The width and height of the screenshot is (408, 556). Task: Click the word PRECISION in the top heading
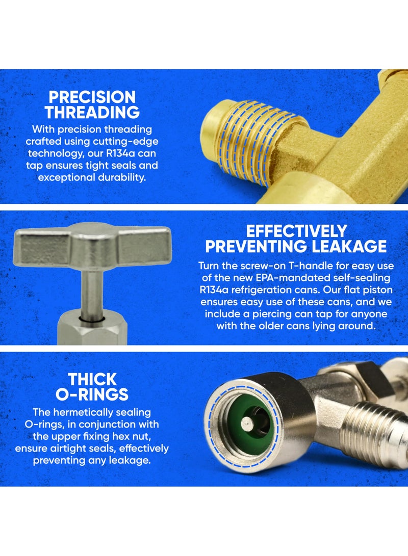[92, 97]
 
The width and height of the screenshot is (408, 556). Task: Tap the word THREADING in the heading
[92, 112]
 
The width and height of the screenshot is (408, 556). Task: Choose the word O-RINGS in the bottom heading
[92, 394]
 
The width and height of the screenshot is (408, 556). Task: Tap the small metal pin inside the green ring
[246, 423]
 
